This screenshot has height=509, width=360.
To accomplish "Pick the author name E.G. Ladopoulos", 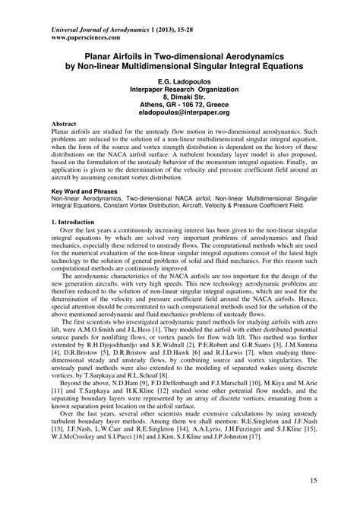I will point(179,79).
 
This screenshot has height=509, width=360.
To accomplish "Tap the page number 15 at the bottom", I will point(314,482).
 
